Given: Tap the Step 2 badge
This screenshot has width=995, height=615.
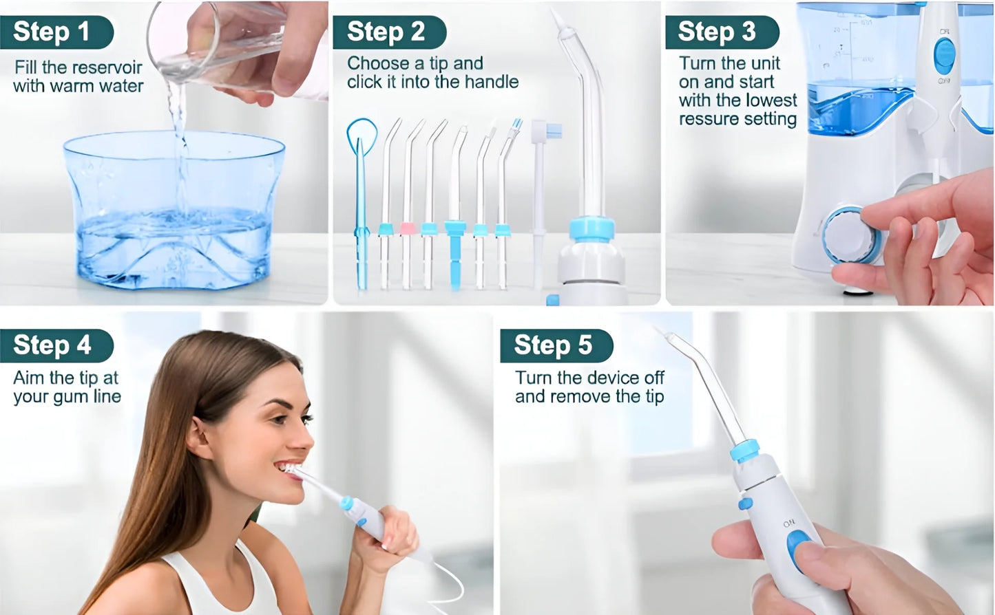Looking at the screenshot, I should tap(387, 32).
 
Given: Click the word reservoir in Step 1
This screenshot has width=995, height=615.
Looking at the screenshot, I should tap(107, 67).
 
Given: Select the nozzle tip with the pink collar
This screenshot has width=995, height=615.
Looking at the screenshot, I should tap(408, 228).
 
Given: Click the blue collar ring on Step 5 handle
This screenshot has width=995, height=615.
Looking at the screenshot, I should tap(744, 451).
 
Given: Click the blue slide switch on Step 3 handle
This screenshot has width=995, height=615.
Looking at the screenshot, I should tap(944, 56).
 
